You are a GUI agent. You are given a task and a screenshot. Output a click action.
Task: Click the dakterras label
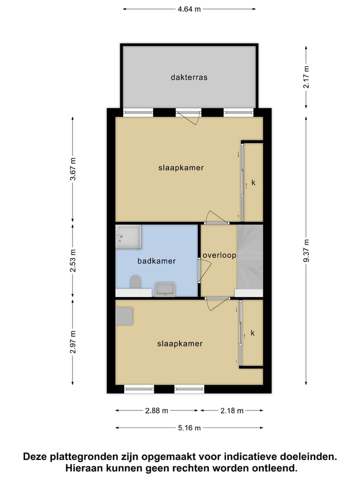tap(188, 77)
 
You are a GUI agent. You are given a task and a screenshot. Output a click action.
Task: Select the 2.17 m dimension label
tap(306, 77)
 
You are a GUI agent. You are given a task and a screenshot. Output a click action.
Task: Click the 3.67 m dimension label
tap(73, 168)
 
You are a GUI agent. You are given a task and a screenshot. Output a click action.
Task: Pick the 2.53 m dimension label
tap(73, 260)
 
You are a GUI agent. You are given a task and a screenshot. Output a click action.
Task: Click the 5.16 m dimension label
tap(190, 428)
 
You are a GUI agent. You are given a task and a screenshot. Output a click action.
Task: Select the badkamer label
tap(156, 261)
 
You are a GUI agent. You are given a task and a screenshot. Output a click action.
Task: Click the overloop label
tap(219, 255)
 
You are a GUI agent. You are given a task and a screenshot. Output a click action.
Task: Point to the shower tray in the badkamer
tap(128, 236)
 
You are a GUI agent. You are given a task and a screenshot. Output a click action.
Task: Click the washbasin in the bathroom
tap(164, 289)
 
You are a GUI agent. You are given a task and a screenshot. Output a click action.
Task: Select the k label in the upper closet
tap(253, 183)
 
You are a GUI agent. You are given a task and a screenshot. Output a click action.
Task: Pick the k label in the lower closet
tap(252, 333)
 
